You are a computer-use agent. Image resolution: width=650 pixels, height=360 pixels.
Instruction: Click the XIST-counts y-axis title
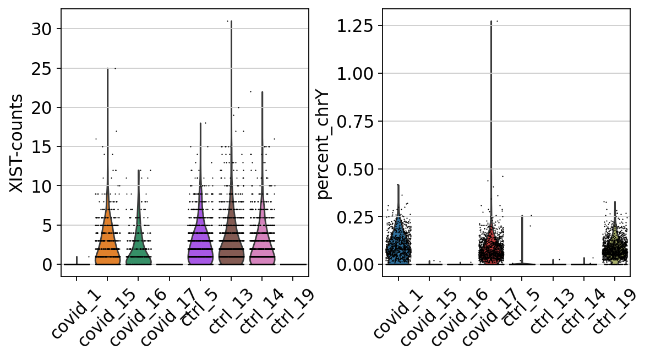17,143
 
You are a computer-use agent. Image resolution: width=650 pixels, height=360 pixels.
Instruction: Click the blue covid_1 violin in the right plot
398,242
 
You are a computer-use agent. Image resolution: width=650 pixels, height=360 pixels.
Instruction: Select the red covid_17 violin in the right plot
490,248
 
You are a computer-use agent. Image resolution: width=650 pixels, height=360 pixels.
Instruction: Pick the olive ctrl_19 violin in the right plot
614,250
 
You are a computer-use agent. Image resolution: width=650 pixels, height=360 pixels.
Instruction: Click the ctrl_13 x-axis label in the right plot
550,312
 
